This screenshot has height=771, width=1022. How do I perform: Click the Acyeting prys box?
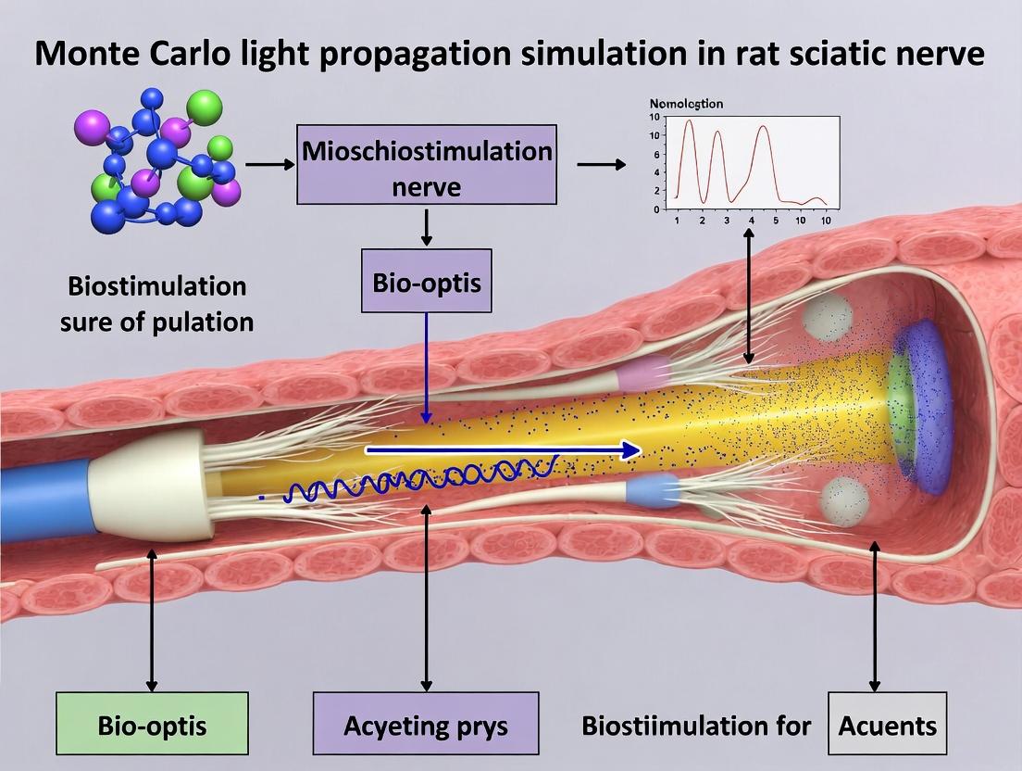pos(425,725)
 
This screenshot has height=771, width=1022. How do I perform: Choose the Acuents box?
pos(887,725)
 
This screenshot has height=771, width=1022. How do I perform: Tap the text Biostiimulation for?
pos(696,725)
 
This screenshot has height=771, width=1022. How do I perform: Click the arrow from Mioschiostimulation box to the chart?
pos(600,165)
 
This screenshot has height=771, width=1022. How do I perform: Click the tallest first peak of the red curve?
pos(688,121)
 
